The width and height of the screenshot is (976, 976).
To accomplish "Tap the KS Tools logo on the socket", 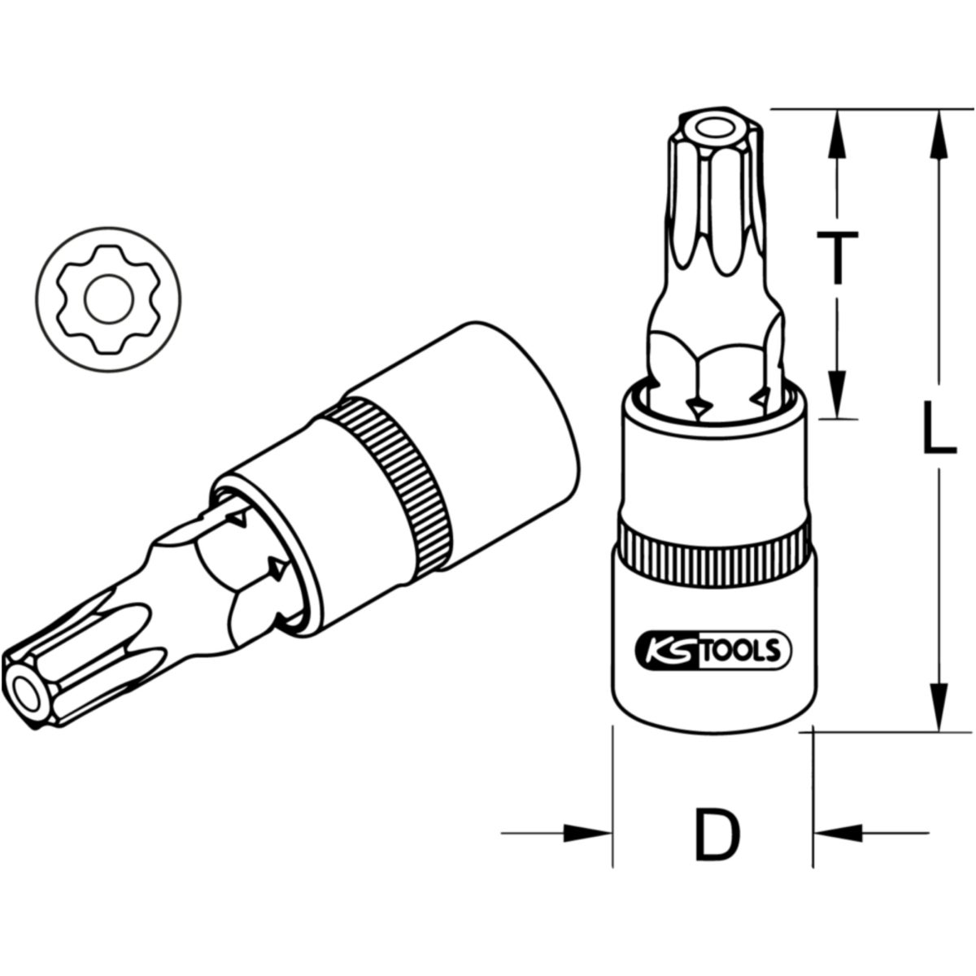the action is [712, 651].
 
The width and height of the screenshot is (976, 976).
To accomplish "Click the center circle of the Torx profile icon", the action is [109, 299].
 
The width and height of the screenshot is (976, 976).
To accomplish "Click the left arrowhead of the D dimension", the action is [587, 833].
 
